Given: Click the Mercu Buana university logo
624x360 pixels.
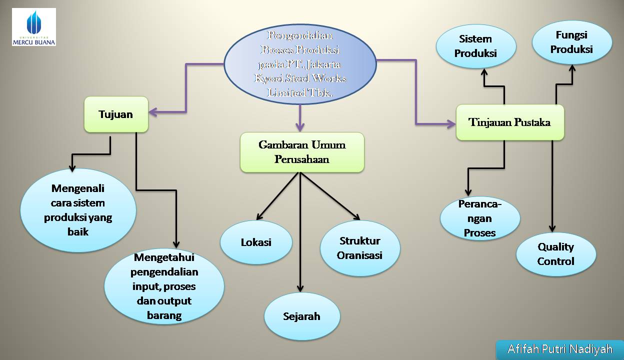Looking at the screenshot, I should click(34, 27).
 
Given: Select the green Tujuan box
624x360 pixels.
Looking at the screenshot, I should click(116, 114).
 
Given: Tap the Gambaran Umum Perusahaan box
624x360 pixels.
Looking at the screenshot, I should click(302, 152).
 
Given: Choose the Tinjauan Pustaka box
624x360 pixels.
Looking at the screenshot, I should click(510, 122).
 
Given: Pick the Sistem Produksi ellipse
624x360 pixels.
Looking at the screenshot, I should click(475, 46).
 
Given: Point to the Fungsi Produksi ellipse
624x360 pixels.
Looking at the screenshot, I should click(572, 42).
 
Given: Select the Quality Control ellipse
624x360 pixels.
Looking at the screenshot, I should click(556, 254).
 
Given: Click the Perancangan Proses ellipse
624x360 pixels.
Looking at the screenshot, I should click(480, 218).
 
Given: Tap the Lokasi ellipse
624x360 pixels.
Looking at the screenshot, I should click(256, 242).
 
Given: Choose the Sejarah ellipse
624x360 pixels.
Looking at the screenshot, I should click(301, 316).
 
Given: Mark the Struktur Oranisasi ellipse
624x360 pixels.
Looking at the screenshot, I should click(360, 248).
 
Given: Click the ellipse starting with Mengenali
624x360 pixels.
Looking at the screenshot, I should click(77, 210).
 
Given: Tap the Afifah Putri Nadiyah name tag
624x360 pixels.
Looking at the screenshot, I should click(559, 349).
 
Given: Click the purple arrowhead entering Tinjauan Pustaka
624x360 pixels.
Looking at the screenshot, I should click(451, 123).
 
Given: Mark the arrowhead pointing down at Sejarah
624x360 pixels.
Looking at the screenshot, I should click(300, 288).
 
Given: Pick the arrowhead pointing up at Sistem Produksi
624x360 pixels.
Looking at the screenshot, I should click(484, 72).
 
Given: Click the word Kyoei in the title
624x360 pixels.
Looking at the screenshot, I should click(269, 79).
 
